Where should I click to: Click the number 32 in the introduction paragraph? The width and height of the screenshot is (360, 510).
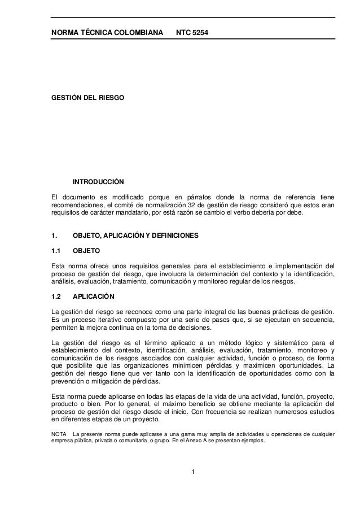[185, 204]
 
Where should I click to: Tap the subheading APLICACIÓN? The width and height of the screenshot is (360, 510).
[94, 296]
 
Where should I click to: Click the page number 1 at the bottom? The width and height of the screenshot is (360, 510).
[192, 472]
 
